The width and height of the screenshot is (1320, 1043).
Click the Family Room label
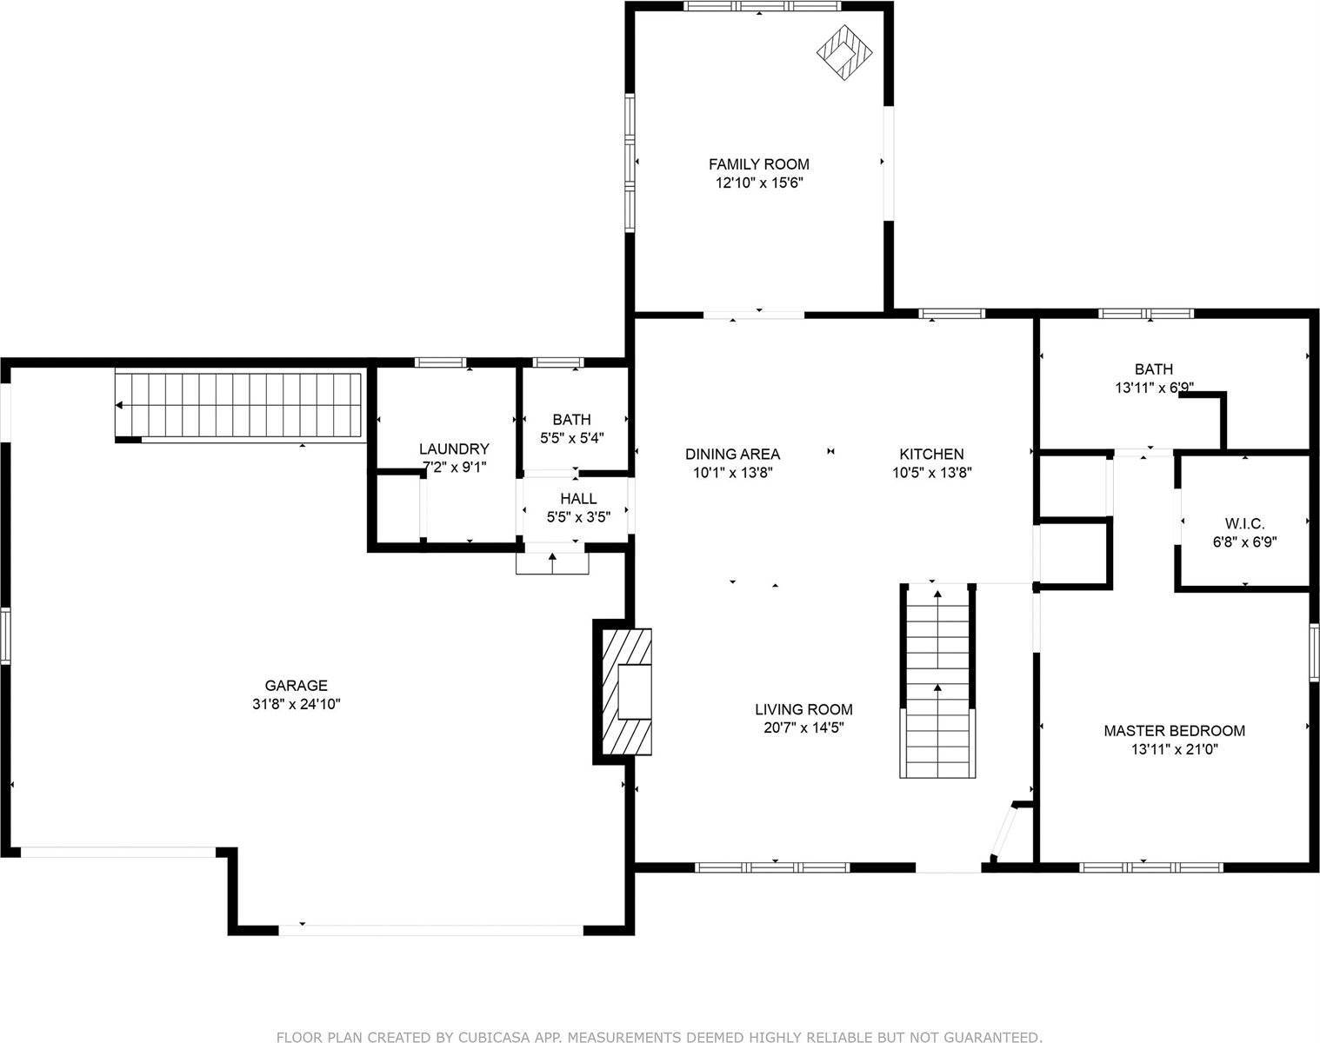coord(758,163)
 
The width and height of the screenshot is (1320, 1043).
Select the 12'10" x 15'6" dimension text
coord(758,183)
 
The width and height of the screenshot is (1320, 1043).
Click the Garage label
coord(296,685)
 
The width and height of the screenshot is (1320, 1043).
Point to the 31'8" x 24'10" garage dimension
coord(296,704)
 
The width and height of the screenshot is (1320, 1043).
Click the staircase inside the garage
coord(239,405)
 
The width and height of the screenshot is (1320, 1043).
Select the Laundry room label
coord(454,448)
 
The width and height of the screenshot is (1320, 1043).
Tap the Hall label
coord(578,498)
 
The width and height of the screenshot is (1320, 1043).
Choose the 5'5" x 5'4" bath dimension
coord(571,438)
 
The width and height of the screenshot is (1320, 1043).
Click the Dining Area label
coord(732,454)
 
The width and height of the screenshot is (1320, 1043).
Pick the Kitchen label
coord(930,454)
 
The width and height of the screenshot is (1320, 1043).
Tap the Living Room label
coord(803,709)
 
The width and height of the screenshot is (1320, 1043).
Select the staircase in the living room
coord(937,681)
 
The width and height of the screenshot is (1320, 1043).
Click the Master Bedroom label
coord(1174,731)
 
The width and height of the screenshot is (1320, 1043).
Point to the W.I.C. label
coord(1244,523)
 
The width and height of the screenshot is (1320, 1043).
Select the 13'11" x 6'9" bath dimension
coord(1154,389)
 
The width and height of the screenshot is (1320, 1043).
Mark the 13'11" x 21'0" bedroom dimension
coord(1174,750)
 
